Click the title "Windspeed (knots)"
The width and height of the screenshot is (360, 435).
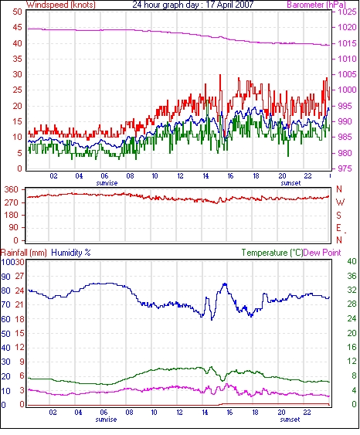click(x=61, y=5)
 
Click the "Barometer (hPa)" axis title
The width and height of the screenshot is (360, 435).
click(x=317, y=5)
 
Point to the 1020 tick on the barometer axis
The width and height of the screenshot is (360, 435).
click(x=347, y=28)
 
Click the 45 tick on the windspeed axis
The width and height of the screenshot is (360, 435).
click(x=17, y=28)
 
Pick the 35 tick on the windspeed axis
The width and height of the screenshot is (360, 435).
click(x=17, y=59)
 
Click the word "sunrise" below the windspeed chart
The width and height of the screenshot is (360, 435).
click(x=107, y=183)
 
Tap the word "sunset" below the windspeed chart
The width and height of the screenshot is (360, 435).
click(x=290, y=183)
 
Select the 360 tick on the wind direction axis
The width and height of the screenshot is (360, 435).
click(x=12, y=190)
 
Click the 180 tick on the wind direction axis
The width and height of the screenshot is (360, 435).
click(x=12, y=216)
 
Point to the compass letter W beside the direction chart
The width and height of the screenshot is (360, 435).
click(x=340, y=202)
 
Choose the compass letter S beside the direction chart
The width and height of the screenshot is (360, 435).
click(x=339, y=215)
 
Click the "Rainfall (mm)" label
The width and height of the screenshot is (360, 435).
click(x=23, y=253)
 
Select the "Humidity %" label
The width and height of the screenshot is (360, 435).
click(x=71, y=253)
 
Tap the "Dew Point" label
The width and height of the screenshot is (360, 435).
click(x=322, y=253)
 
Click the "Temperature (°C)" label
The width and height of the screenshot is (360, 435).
click(x=272, y=253)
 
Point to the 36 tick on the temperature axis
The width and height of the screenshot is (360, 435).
click(x=352, y=276)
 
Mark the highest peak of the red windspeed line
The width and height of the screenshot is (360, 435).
click(x=220, y=74)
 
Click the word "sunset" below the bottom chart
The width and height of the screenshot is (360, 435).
click(x=290, y=420)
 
